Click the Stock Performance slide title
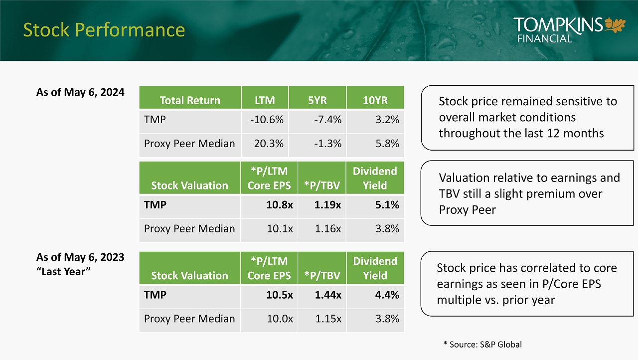point(104,30)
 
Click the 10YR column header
point(375,100)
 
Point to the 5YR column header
point(318,100)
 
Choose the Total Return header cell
point(190,100)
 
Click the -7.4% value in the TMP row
point(328,120)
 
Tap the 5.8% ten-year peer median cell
point(387,144)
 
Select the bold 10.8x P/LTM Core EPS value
point(280,205)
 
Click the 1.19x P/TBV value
point(328,205)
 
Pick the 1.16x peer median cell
point(328,229)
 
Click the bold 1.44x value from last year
point(328,295)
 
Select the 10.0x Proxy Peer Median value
point(280,319)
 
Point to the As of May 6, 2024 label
point(80,93)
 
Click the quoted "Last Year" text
point(63,272)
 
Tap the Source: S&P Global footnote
point(482,345)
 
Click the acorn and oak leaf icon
point(615,25)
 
